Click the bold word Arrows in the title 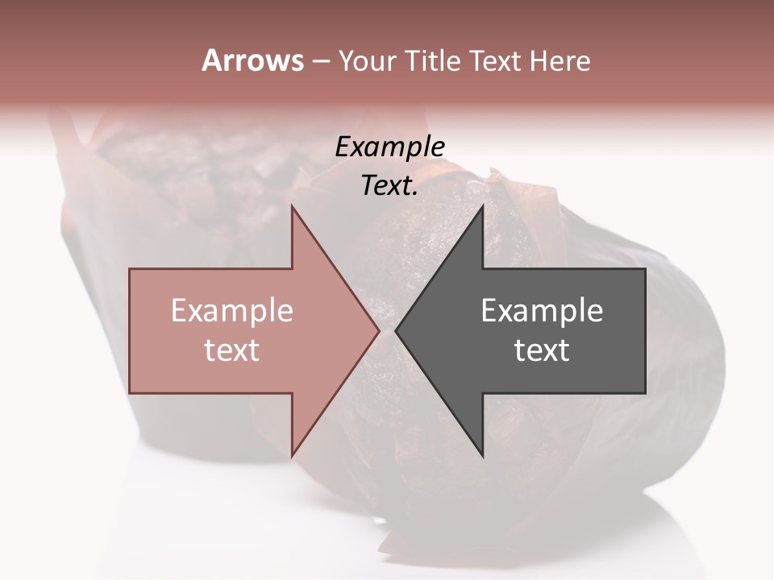click(252, 60)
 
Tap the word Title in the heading click(433, 61)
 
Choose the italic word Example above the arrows click(390, 147)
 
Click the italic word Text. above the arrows click(390, 186)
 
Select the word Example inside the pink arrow click(232, 311)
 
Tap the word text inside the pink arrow click(232, 350)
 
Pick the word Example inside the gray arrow click(542, 311)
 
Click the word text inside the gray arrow click(542, 350)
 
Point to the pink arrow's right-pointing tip click(379, 331)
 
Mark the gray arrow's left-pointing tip click(396, 331)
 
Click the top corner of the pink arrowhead click(292, 206)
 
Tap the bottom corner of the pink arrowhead click(292, 457)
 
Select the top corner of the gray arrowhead click(482, 206)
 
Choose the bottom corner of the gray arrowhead click(482, 457)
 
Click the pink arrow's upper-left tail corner click(130, 269)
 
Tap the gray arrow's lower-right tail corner click(645, 393)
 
